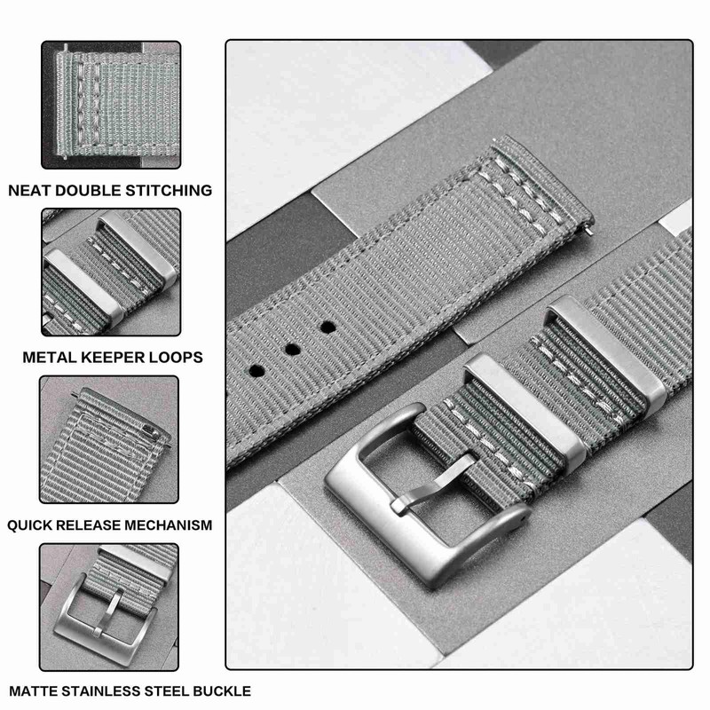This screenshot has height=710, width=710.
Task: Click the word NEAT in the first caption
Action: click(x=31, y=190)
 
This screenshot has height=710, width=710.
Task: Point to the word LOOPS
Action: click(x=177, y=357)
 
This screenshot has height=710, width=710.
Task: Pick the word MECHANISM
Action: click(x=169, y=525)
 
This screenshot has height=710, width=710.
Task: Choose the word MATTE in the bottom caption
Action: click(x=33, y=690)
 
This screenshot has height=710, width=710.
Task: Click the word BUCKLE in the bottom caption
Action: click(x=219, y=690)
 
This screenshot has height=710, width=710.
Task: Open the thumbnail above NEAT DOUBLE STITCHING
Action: click(x=110, y=105)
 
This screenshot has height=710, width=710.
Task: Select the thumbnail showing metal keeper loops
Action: click(x=110, y=272)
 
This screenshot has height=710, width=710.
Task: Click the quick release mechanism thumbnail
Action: click(x=110, y=439)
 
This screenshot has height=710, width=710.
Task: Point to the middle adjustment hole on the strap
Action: click(x=291, y=347)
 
